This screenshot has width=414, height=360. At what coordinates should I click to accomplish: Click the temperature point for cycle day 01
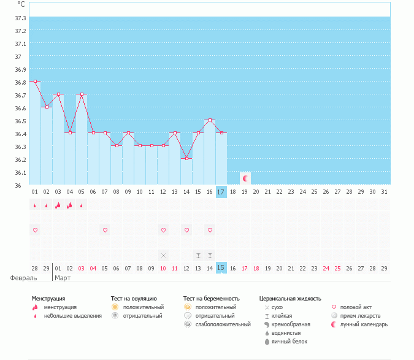pyautogui.click(x=35, y=81)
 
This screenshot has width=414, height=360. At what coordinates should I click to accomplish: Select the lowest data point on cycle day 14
pyautogui.click(x=186, y=158)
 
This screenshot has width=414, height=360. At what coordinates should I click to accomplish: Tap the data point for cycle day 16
pyautogui.click(x=210, y=120)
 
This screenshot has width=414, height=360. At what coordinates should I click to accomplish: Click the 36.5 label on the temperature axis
pyautogui.click(x=20, y=121)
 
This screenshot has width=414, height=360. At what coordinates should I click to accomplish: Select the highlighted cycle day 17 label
pyautogui.click(x=221, y=192)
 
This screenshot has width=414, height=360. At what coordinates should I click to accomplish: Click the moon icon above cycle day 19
pyautogui.click(x=245, y=178)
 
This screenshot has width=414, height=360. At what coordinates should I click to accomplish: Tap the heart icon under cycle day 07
pyautogui.click(x=105, y=230)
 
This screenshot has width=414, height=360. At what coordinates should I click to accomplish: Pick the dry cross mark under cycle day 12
pyautogui.click(x=163, y=255)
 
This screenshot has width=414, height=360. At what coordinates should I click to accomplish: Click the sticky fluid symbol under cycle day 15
pyautogui.click(x=198, y=255)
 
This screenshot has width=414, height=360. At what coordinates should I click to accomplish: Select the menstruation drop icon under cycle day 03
pyautogui.click(x=58, y=205)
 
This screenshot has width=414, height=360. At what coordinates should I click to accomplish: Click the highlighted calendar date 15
pyautogui.click(x=221, y=268)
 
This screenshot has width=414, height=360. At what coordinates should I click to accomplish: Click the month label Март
pyautogui.click(x=63, y=278)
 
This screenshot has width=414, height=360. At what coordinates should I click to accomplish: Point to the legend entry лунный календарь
pyautogui.click(x=364, y=324)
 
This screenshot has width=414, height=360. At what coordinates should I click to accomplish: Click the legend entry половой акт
pyautogui.click(x=356, y=307)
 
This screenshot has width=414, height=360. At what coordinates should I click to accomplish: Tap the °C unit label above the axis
pyautogui.click(x=20, y=4)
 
